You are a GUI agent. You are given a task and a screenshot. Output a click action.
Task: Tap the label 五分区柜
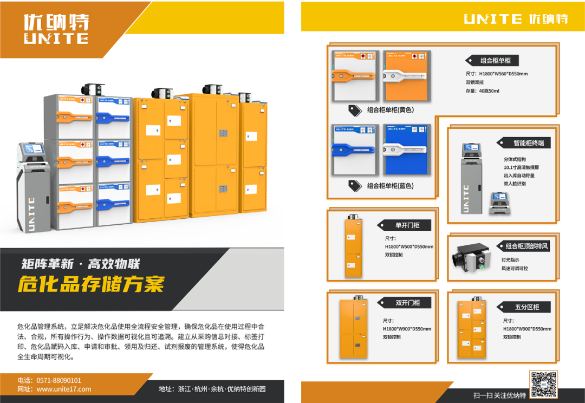click(526, 307)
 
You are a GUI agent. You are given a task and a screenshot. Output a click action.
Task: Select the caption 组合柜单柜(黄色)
click(390, 110)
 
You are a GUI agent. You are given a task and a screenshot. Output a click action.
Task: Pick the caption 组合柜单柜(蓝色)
click(390, 186)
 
